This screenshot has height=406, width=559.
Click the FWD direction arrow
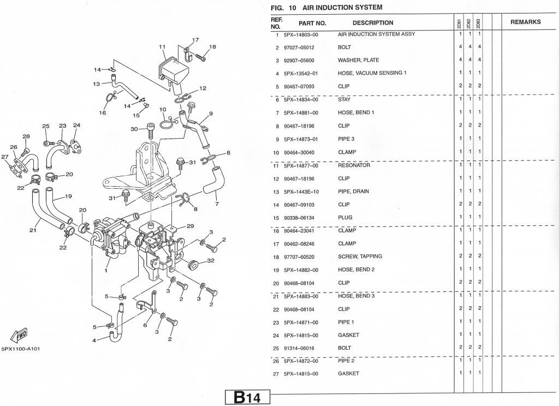pyautogui.click(x=19, y=335)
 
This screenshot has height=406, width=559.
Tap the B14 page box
pyautogui.click(x=247, y=397)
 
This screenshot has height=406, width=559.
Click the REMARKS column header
pyautogui.click(x=526, y=22)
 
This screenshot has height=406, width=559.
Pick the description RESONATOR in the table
pyautogui.click(x=354, y=165)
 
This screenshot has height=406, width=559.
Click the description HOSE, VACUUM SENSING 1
pyautogui.click(x=372, y=73)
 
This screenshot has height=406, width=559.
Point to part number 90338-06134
pyautogui.click(x=299, y=218)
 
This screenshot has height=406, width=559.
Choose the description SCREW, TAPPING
pyautogui.click(x=360, y=256)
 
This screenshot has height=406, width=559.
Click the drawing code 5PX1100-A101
pyautogui.click(x=21, y=349)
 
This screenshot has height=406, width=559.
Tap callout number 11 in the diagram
pyautogui.click(x=162, y=47)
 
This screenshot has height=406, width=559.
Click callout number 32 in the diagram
pyautogui.click(x=211, y=260)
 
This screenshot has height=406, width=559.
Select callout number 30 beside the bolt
pyautogui.click(x=134, y=129)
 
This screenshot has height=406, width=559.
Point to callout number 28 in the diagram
pyautogui.click(x=26, y=136)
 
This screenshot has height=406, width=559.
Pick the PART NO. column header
pyautogui.click(x=312, y=23)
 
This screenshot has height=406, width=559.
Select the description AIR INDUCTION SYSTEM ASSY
pyautogui.click(x=377, y=34)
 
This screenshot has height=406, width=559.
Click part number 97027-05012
pyautogui.click(x=299, y=48)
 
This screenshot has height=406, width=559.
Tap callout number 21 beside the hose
pyautogui.click(x=33, y=230)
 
